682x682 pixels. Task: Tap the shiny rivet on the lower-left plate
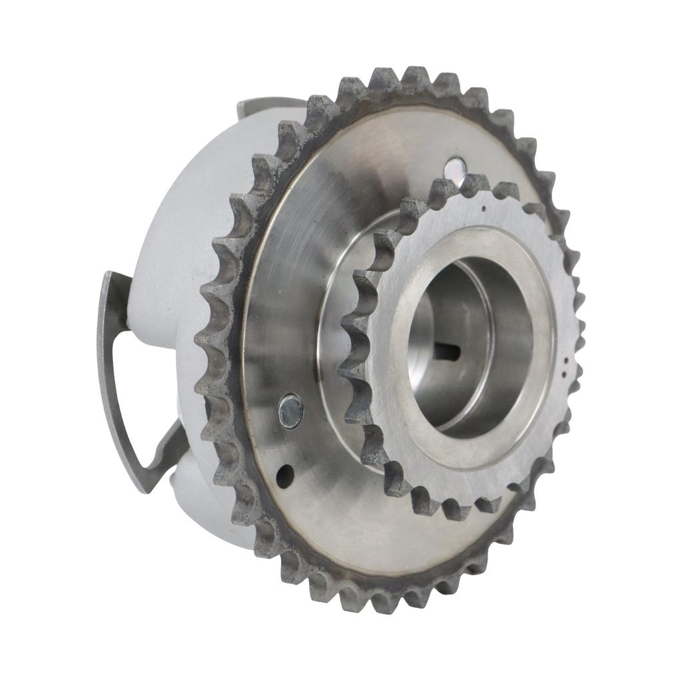point(290,411)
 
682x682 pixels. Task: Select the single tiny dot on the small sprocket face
point(484,208)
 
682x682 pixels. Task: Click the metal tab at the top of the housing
point(266,105)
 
